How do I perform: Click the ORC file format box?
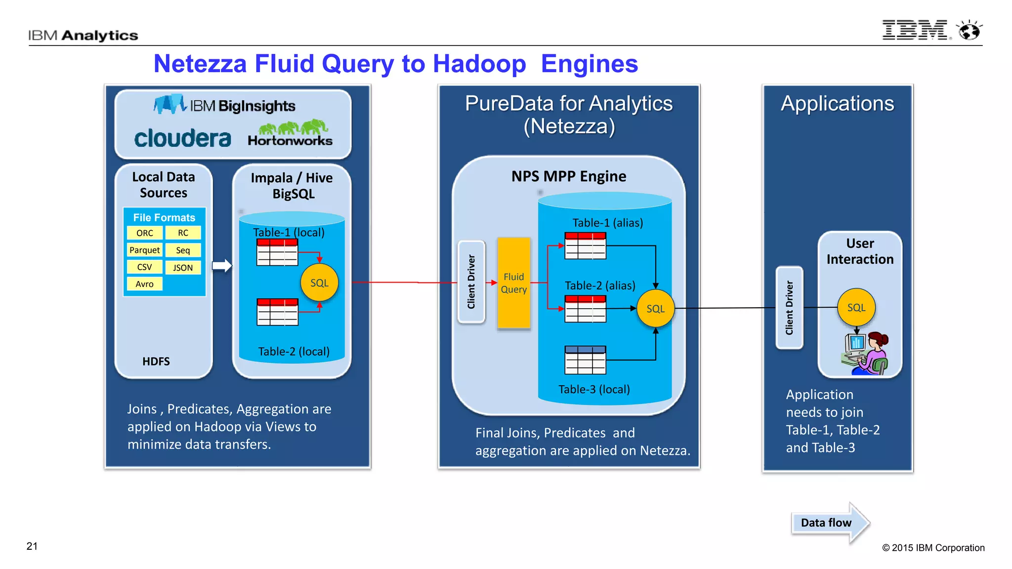tap(145, 233)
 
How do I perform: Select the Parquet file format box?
tap(145, 250)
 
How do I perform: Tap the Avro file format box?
tap(145, 284)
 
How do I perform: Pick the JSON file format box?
tap(183, 267)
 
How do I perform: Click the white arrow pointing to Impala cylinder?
tap(222, 266)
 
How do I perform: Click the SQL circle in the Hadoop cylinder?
tap(319, 283)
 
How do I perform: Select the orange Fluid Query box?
tap(513, 283)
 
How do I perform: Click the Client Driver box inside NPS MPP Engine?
tap(471, 282)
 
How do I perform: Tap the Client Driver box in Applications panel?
tap(789, 308)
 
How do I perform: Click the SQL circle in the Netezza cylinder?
tap(656, 309)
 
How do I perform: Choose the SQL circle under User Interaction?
tap(856, 307)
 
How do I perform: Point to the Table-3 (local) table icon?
tap(585, 360)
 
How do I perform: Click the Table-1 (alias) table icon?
tap(585, 245)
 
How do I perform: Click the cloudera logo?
tap(183, 138)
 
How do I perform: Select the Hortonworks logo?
tap(291, 134)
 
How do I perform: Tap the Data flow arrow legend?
tap(830, 523)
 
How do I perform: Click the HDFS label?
tap(156, 362)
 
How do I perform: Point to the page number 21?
tap(32, 546)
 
